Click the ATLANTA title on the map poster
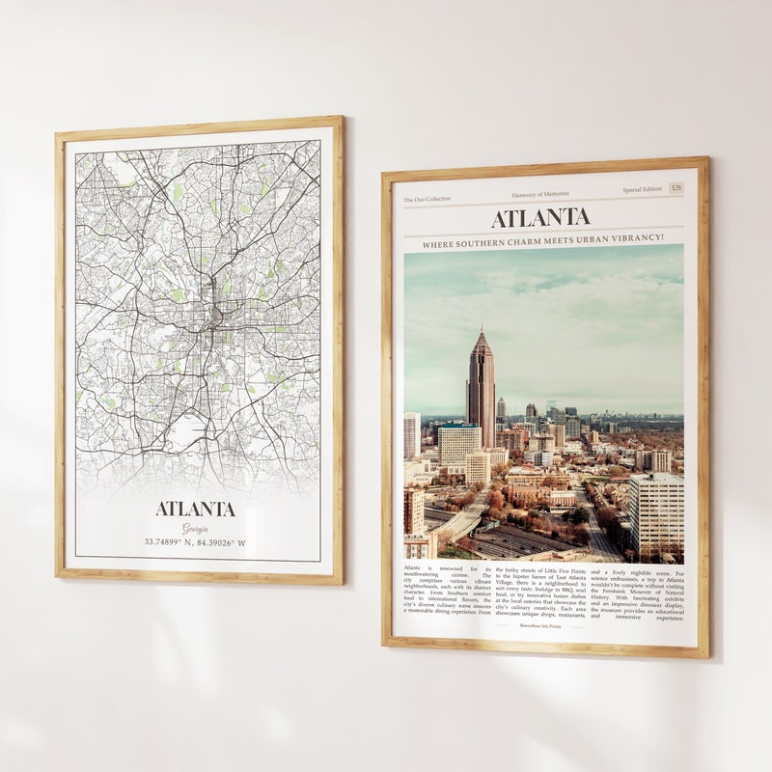[196, 509]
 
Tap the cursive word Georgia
[196, 527]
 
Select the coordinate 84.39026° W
[223, 542]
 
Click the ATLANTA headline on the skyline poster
[540, 218]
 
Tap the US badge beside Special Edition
[675, 188]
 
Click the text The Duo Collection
[427, 199]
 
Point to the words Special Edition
[642, 190]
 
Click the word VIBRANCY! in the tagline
[636, 236]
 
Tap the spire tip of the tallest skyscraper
[481, 327]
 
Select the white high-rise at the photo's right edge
[656, 511]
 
